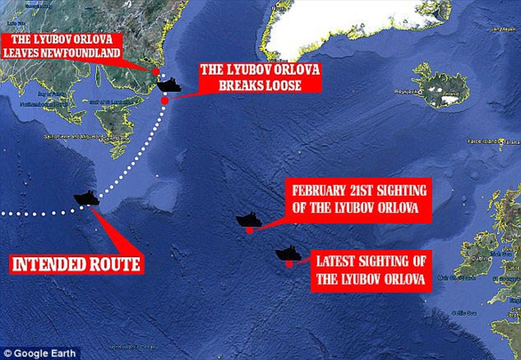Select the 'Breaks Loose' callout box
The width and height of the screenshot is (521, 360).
[x=260, y=78]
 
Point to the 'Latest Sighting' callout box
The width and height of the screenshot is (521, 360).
[x=370, y=271]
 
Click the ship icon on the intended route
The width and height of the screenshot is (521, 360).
[x=86, y=198]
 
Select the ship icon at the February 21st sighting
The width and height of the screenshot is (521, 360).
[x=249, y=220]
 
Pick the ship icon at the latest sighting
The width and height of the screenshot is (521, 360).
[x=288, y=254]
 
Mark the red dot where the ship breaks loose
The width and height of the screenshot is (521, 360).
[x=165, y=101]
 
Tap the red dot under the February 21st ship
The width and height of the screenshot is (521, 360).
[x=250, y=230]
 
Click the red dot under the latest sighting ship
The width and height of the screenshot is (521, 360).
[x=289, y=263]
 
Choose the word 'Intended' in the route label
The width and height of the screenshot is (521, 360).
[x=47, y=264]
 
